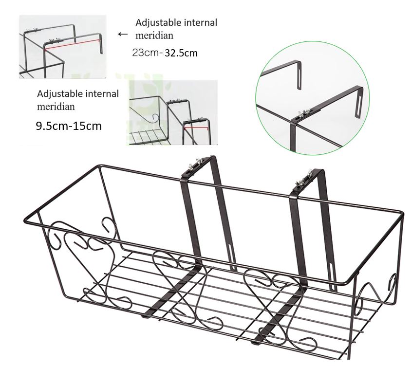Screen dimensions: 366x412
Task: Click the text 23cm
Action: tap(145, 53)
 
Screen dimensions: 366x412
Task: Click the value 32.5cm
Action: tap(181, 53)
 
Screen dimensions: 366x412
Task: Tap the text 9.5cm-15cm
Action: tap(69, 126)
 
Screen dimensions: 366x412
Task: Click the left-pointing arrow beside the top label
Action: tap(123, 34)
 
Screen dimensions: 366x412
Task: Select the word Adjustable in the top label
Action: tap(156, 22)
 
